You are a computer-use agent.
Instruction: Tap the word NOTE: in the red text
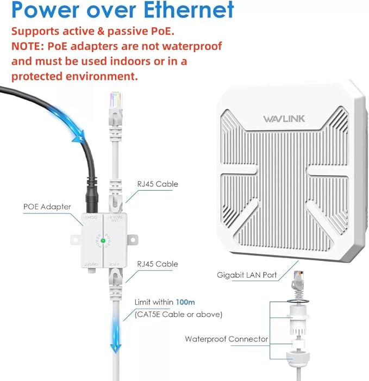pos(28,46)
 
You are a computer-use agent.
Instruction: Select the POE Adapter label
pos(47,207)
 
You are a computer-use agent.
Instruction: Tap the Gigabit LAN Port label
pos(248,276)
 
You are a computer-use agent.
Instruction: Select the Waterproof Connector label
pos(226,339)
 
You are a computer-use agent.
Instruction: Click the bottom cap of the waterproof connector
pos(298,361)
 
